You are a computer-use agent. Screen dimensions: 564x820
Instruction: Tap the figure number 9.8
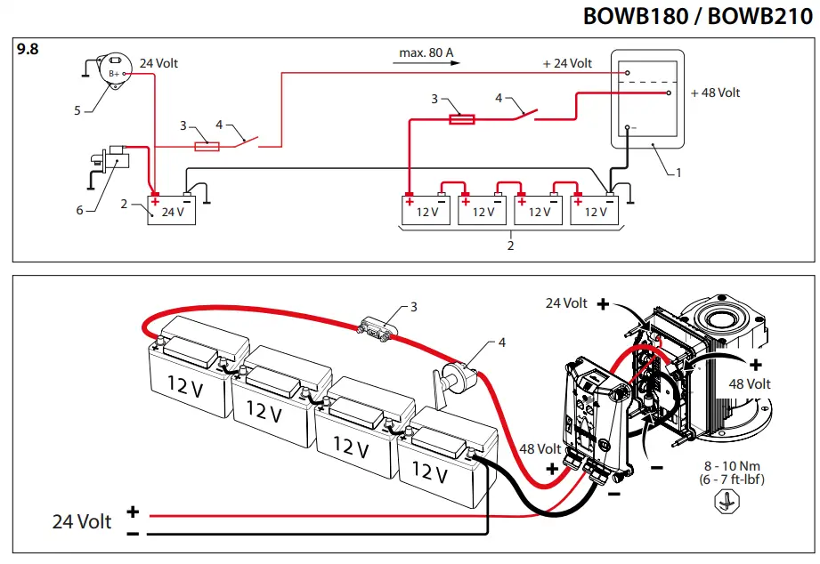pos(28,50)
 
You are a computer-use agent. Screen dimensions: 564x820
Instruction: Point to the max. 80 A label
pos(426,52)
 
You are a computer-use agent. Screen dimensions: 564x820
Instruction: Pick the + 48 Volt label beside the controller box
pos(715,93)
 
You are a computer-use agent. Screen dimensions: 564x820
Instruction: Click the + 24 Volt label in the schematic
pos(567,63)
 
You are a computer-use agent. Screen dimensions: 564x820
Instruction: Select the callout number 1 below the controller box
pos(678,173)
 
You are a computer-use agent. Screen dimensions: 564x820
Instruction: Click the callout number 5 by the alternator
pos(77,111)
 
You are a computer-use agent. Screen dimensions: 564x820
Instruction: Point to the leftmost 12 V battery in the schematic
pos(426,209)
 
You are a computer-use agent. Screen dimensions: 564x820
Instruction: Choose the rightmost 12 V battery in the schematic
pos(595,209)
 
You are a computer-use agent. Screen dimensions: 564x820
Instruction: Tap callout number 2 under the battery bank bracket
pos(510,246)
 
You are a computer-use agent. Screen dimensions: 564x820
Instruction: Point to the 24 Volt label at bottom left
pos(82,521)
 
